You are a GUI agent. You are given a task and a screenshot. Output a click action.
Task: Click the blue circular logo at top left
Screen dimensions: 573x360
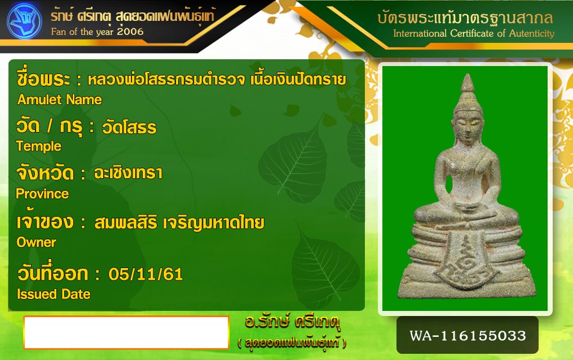pos(24,21)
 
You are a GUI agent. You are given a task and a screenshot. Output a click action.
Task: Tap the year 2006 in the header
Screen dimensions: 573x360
pos(130,32)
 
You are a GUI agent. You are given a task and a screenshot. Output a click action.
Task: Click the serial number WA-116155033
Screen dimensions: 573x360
pos(468,336)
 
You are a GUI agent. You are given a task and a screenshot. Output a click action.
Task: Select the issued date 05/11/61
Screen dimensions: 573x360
pos(146,274)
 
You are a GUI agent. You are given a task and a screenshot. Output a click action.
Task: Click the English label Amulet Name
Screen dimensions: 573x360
pos(60,100)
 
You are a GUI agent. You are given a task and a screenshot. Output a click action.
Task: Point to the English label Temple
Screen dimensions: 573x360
pos(39,146)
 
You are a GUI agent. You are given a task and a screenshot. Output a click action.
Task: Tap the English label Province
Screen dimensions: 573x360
pos(42,194)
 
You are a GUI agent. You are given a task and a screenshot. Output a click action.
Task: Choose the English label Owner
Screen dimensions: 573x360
pos(37,242)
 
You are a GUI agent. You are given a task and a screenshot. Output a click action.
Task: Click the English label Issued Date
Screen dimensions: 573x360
pos(54,294)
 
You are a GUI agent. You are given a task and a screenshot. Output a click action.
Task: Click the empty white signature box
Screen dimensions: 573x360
pos(126,332)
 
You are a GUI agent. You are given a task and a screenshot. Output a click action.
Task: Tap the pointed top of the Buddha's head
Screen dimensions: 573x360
pos(468,74)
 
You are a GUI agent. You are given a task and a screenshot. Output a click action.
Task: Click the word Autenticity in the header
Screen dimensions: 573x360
pos(532,34)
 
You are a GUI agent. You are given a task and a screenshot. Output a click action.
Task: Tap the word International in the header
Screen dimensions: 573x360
pos(420,34)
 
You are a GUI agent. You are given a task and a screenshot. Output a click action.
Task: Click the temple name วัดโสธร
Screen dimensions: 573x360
pos(129,127)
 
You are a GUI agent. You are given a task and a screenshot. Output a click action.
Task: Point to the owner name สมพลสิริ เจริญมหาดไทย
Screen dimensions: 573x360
pos(179,222)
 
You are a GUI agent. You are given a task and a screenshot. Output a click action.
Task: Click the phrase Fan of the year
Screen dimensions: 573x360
pos(82,32)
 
